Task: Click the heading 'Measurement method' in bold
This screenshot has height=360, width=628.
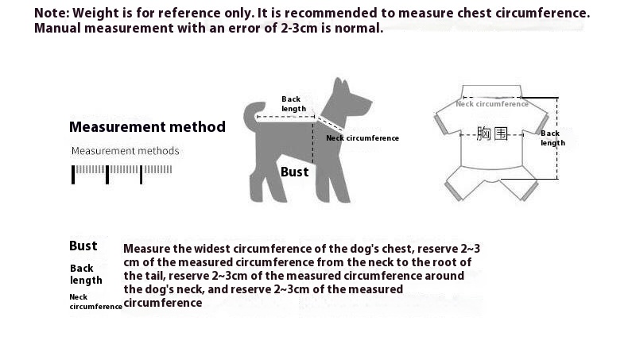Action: coord(147,126)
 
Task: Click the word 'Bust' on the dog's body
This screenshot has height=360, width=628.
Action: coord(294,172)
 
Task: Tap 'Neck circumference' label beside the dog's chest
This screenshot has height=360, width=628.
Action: coord(362,137)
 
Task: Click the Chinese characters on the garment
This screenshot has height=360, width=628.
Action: coord(492,133)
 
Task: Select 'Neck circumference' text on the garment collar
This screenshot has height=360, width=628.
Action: coord(492,103)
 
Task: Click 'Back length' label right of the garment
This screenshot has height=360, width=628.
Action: coord(552,138)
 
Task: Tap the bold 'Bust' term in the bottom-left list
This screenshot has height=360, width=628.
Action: coord(83,246)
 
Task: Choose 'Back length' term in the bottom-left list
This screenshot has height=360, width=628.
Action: coord(86,274)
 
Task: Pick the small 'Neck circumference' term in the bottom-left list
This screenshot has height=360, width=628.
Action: coord(95,302)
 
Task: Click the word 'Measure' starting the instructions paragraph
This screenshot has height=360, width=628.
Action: coord(149,248)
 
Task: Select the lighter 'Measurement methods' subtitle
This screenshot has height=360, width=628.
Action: coord(126,151)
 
